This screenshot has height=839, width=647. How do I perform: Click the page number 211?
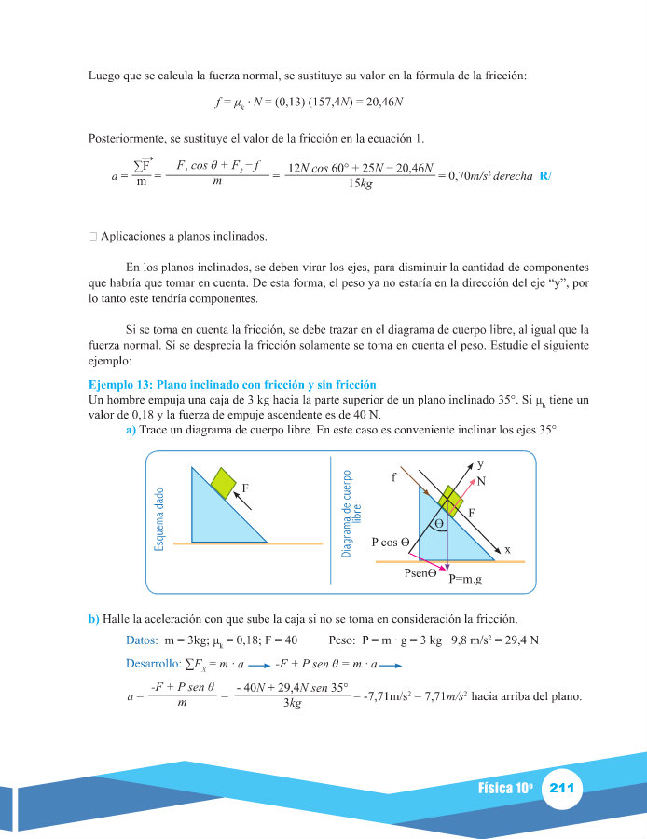pyautogui.click(x=563, y=789)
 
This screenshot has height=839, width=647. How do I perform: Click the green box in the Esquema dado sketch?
pyautogui.click(x=223, y=482)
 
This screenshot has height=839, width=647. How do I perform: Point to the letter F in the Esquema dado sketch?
pyautogui.click(x=245, y=487)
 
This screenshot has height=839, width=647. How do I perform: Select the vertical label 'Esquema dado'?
pyautogui.click(x=159, y=518)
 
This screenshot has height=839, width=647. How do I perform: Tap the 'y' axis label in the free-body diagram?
pyautogui.click(x=480, y=463)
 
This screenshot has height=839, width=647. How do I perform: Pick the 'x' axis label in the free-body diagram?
pyautogui.click(x=507, y=550)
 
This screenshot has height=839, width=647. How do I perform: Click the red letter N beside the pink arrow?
pyautogui.click(x=481, y=481)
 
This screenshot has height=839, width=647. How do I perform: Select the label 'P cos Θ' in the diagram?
pyautogui.click(x=391, y=541)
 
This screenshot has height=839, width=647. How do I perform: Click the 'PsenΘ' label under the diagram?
pyautogui.click(x=420, y=573)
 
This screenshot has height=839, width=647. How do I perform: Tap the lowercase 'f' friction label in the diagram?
pyautogui.click(x=394, y=477)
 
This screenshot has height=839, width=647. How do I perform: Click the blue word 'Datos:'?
pyautogui.click(x=142, y=640)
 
